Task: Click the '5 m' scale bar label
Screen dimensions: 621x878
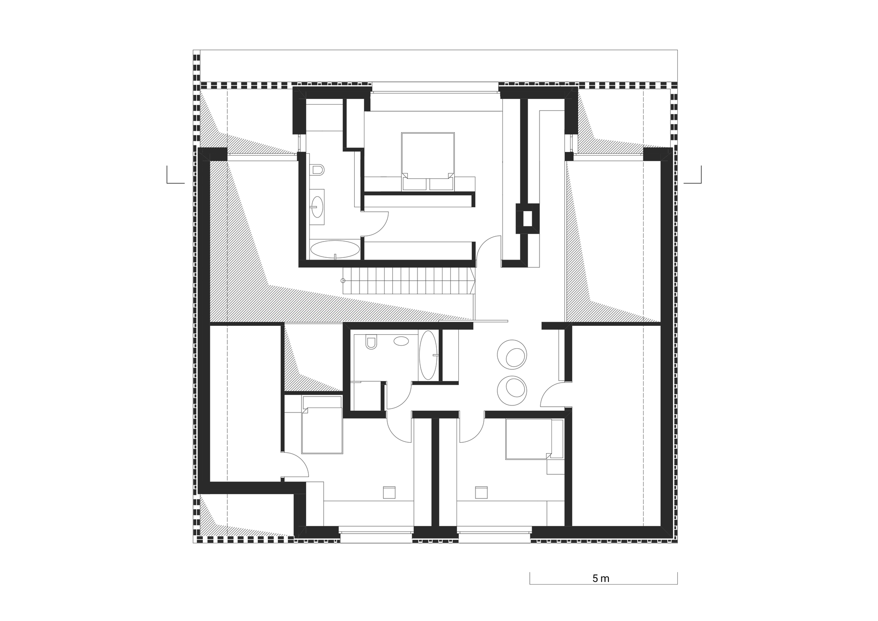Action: click(601, 578)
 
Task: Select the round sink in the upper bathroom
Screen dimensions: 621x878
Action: click(317, 203)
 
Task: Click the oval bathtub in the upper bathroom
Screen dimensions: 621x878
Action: click(335, 249)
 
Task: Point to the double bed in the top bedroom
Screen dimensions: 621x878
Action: click(428, 161)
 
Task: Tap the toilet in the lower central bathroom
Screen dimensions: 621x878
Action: click(371, 342)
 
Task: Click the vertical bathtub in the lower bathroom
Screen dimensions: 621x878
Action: click(428, 355)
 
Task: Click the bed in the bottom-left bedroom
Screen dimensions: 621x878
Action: click(322, 425)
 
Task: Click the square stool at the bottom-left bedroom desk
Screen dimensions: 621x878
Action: click(389, 492)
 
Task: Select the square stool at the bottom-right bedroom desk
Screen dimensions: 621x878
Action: click(481, 492)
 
